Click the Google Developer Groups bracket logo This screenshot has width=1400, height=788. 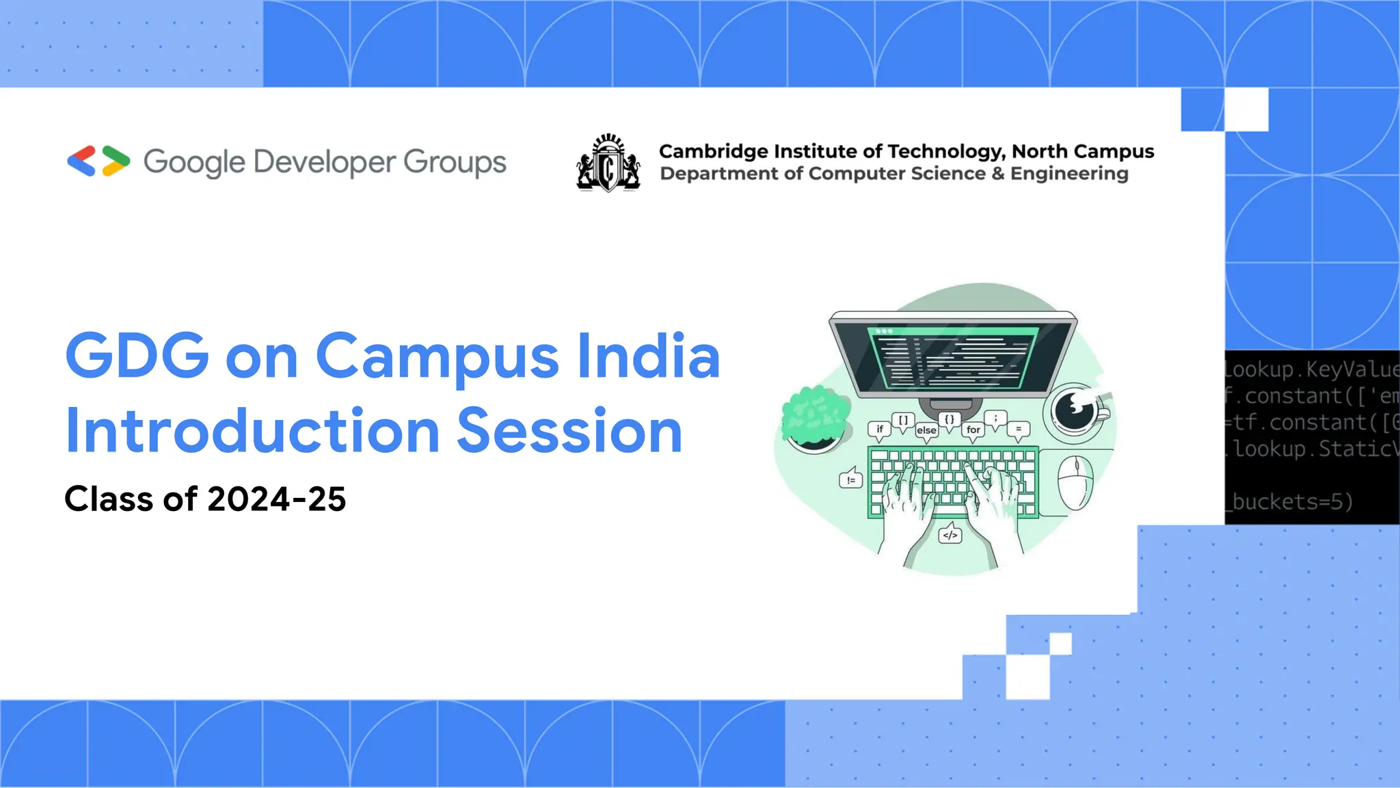tap(98, 161)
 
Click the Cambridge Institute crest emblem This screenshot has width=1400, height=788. tap(608, 163)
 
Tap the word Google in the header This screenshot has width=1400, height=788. tap(193, 163)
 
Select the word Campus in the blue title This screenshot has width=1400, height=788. tap(437, 357)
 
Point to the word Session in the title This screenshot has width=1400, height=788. tap(569, 431)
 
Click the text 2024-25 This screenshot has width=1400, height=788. tap(276, 499)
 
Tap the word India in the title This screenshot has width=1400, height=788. tap(648, 357)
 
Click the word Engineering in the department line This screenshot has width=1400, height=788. tap(1069, 174)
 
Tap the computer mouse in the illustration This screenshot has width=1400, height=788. tap(1075, 482)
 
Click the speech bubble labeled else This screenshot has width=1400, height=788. tap(926, 430)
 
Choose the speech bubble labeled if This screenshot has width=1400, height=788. tap(880, 430)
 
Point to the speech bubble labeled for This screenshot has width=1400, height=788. tap(973, 430)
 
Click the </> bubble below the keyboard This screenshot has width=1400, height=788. tap(950, 535)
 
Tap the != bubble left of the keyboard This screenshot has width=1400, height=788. tap(851, 480)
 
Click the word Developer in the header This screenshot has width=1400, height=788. tap(325, 163)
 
